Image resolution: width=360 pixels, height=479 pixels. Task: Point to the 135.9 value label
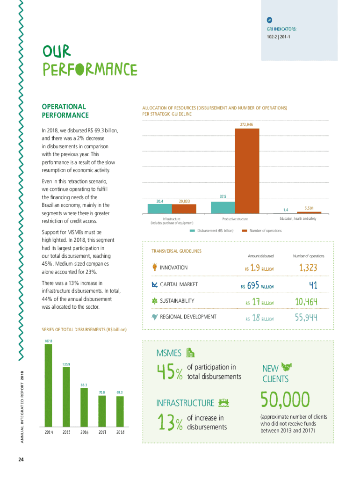(66, 363)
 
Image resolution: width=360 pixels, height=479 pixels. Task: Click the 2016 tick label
(84, 432)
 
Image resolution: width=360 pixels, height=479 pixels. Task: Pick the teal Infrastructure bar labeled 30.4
(159, 209)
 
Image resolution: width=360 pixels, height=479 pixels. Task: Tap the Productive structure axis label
(235, 219)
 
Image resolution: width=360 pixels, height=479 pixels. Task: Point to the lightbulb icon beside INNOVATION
(154, 268)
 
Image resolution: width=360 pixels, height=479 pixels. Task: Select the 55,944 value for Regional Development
(306, 318)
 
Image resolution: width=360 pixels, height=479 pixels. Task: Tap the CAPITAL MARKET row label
(179, 284)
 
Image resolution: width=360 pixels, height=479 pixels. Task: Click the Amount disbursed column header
(260, 256)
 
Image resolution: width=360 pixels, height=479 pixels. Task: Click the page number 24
(21, 459)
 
